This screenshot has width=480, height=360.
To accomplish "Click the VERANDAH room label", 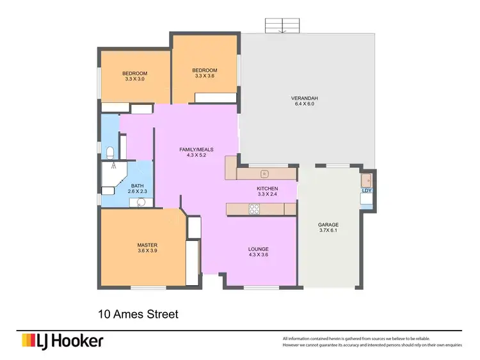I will (305, 98).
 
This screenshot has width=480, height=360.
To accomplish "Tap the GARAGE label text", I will (328, 224).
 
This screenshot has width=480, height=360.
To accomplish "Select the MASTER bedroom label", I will (147, 245).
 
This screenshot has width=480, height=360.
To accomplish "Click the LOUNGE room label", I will (259, 249).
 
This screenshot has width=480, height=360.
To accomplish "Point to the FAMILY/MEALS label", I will (196, 149).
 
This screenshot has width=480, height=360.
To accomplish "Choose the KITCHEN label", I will (266, 188).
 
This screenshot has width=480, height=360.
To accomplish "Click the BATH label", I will (138, 185).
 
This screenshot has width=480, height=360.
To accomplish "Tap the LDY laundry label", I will (367, 191).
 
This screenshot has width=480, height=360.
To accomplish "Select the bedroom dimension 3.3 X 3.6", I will (205, 76).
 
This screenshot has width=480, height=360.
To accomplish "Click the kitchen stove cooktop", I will (253, 208).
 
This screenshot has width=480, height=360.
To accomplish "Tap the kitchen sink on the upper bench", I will (263, 173).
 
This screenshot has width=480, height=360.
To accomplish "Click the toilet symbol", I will (111, 152).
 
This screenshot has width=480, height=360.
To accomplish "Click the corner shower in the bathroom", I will (113, 175).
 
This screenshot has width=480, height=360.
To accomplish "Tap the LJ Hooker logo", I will (62, 341).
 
